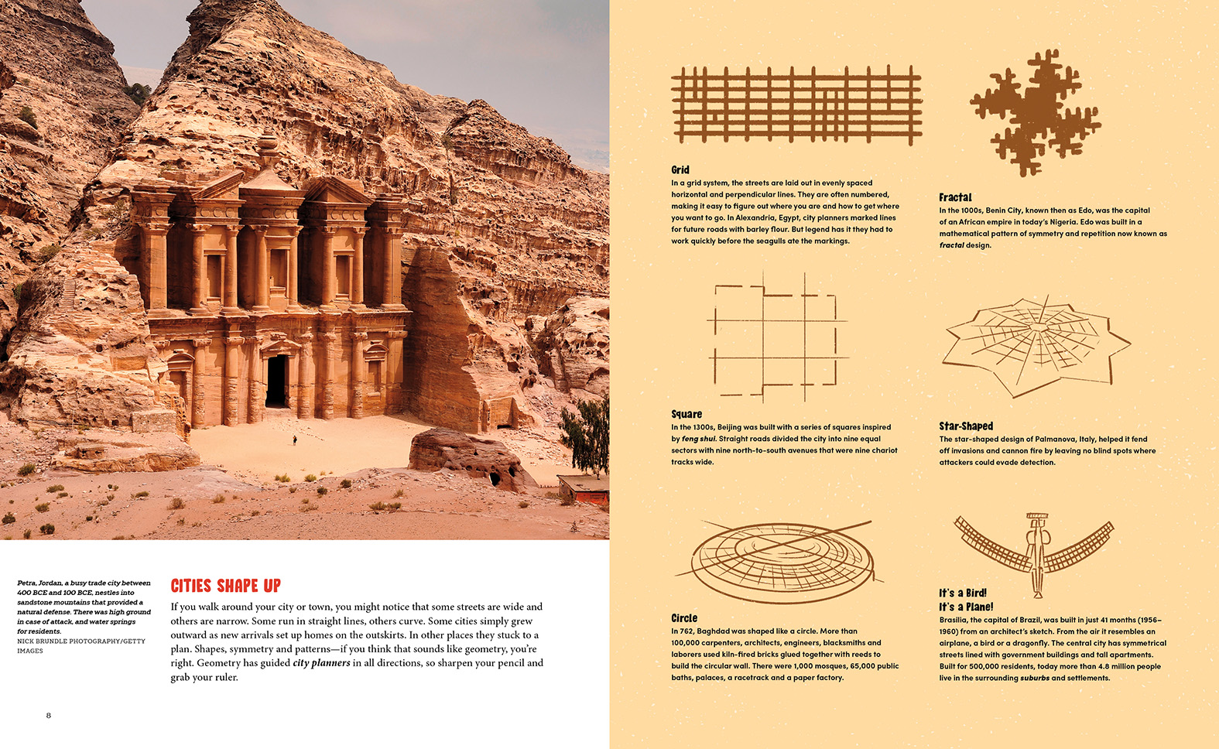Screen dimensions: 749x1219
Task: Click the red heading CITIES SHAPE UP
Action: tap(225, 586)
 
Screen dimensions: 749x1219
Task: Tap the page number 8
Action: tap(49, 716)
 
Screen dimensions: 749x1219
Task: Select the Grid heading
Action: tap(680, 169)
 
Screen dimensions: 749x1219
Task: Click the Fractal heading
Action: tap(955, 197)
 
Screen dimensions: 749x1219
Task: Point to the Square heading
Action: tap(687, 414)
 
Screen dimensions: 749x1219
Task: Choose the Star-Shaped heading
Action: tap(966, 426)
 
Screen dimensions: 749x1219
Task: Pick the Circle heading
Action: tap(684, 618)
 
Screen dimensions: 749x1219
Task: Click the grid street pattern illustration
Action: tap(796, 105)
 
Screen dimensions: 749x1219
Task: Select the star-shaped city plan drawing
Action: tap(1036, 344)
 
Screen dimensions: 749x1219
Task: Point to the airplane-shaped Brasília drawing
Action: tap(1035, 551)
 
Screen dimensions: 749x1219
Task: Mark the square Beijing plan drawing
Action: tap(776, 337)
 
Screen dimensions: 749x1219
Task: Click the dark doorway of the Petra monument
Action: tap(276, 381)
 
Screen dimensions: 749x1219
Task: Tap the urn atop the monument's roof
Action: tap(268, 145)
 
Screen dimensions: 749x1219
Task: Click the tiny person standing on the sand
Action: tap(294, 440)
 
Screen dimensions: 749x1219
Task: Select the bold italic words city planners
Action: tap(321, 663)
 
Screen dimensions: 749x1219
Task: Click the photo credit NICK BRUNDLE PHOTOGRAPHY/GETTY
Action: tap(81, 641)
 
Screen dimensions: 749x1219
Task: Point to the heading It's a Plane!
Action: tap(966, 607)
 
